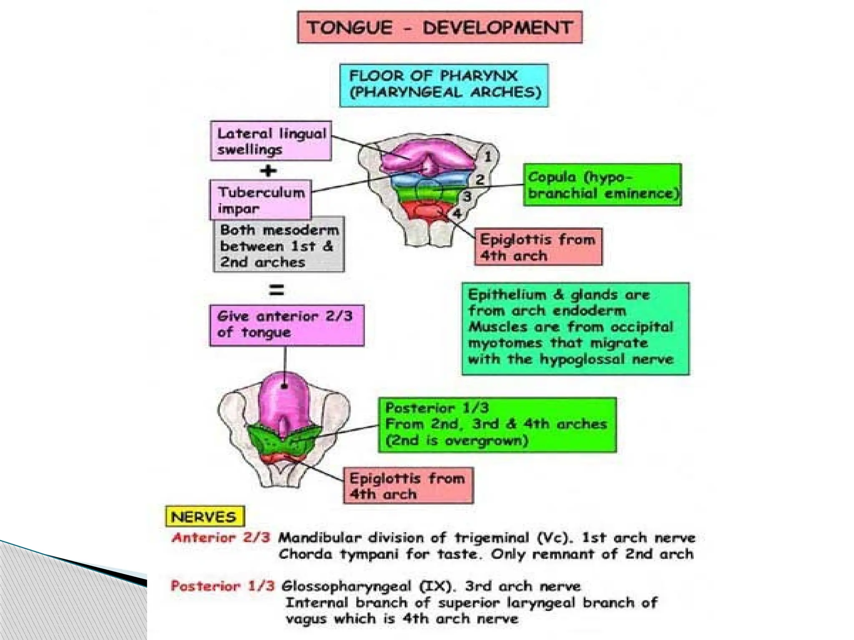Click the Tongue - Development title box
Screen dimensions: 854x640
point(440,27)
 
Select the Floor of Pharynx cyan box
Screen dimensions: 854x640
point(444,85)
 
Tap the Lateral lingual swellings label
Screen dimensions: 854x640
point(271,141)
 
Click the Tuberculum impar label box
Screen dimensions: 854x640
point(261,200)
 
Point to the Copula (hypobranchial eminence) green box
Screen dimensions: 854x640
point(603,185)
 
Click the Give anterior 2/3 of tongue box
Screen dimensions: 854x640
point(286,325)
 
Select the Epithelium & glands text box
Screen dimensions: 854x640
point(575,328)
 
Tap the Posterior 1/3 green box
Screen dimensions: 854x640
point(497,425)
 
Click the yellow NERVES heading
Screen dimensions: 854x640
point(204,517)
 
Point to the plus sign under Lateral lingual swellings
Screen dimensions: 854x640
point(268,170)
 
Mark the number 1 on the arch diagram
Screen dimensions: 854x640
point(487,157)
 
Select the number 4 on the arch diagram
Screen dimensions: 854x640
point(457,214)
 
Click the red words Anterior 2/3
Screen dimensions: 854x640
point(221,537)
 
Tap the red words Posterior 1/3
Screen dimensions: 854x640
point(223,586)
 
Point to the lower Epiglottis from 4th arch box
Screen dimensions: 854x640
point(408,485)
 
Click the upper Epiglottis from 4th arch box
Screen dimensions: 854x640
point(538,247)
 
